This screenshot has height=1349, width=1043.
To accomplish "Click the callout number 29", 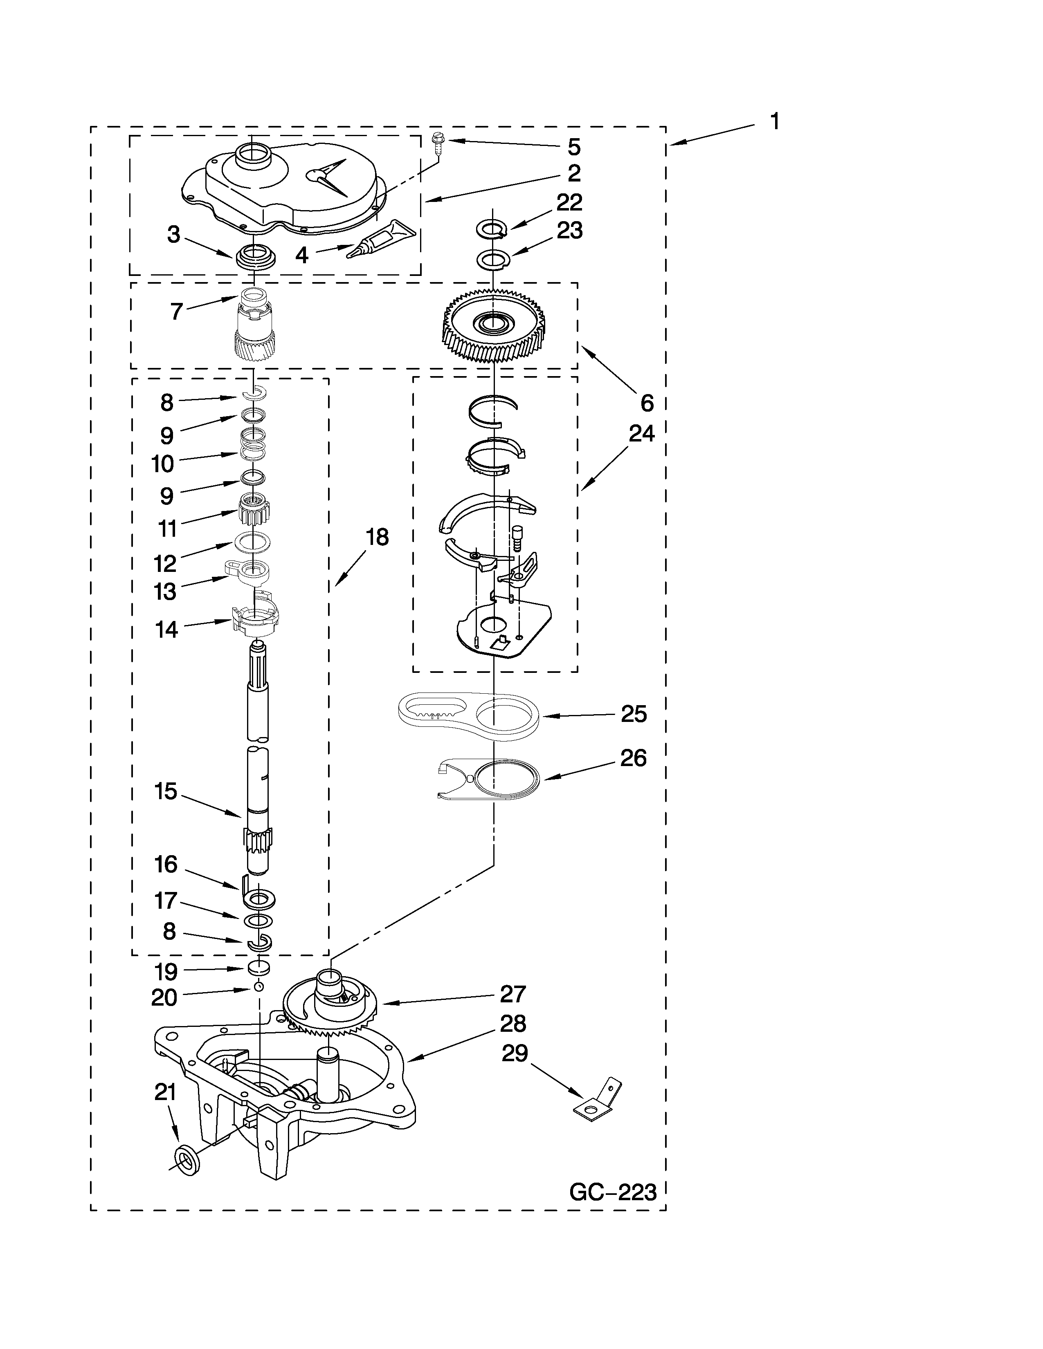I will tap(514, 1054).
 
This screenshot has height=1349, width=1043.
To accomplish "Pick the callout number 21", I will tap(165, 1093).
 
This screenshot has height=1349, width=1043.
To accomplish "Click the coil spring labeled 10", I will tap(253, 444).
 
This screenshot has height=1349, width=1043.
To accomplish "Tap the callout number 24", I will tap(641, 434).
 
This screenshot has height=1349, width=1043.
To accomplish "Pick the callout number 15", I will tap(166, 791).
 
